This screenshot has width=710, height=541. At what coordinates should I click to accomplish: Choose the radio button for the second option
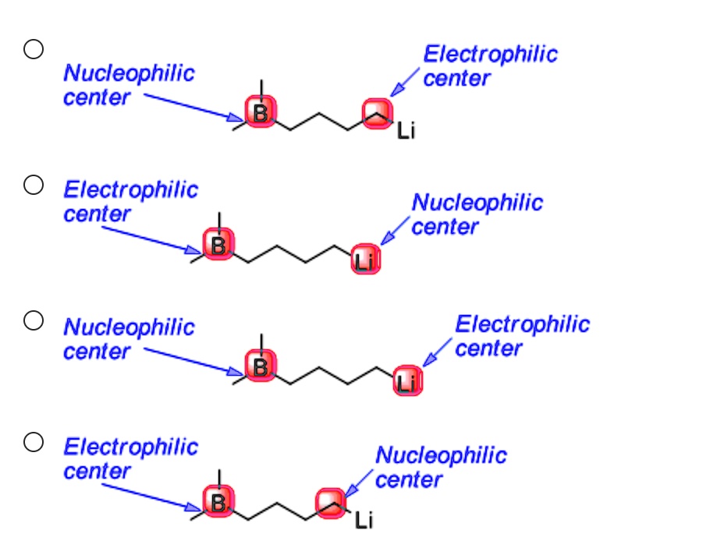point(33,185)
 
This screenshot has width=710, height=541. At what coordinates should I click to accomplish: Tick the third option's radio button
point(33,320)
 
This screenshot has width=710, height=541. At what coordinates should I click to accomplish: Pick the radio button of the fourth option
point(33,442)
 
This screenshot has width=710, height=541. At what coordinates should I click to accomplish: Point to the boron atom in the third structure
point(260,365)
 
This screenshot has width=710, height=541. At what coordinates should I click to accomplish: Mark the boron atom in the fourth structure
point(218,500)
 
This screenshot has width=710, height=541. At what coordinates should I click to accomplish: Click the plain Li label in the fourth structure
point(364,520)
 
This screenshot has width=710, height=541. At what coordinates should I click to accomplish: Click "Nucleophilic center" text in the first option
point(128,85)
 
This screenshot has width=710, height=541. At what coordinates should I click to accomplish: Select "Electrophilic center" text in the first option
point(490,65)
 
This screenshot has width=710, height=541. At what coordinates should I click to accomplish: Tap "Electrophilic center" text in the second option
point(130,201)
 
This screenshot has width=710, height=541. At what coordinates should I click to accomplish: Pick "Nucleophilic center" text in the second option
point(476,214)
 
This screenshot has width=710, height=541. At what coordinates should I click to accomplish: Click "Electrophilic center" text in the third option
point(521,336)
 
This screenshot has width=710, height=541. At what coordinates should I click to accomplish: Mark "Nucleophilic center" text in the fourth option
point(440,467)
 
